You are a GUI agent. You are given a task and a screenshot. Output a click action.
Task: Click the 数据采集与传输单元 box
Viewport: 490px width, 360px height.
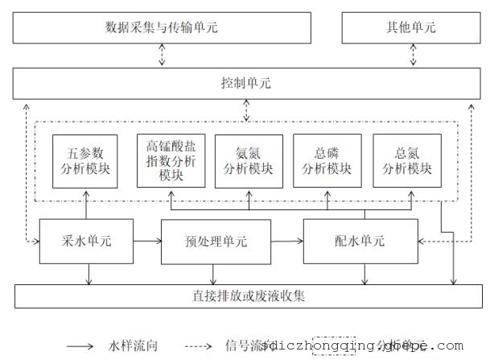tap(161, 27)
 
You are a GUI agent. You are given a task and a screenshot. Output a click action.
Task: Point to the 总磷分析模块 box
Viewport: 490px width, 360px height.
tap(327, 160)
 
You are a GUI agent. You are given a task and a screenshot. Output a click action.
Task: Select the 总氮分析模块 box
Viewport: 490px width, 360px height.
tap(407, 160)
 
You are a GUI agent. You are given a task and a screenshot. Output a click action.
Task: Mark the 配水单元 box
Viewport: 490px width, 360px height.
tap(360, 241)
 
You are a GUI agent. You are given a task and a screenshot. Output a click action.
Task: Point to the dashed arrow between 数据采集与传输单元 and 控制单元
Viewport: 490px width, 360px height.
tap(161, 56)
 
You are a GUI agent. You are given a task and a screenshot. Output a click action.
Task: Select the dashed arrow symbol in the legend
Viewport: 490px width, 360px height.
tap(201, 346)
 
